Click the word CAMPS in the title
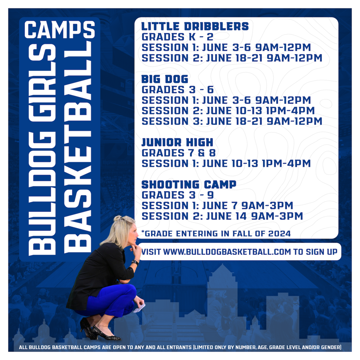60,30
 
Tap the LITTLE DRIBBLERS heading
195,26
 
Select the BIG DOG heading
165,79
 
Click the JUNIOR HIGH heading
177,143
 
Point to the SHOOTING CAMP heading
189,185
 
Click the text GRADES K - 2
177,37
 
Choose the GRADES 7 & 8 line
179,153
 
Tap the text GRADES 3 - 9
178,195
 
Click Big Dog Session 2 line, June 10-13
228,111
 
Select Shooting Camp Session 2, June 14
222,216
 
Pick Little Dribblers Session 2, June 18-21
232,58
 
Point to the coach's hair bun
118,218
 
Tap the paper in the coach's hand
140,308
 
